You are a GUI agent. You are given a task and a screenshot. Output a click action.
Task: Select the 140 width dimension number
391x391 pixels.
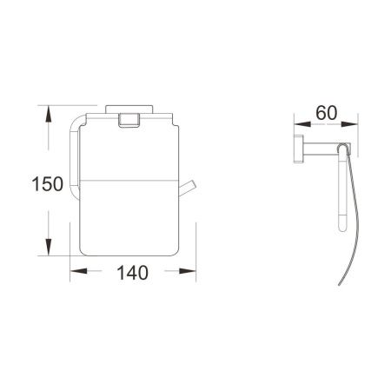pos(130,271)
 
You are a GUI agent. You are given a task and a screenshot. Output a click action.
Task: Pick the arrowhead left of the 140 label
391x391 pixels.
pos(76,271)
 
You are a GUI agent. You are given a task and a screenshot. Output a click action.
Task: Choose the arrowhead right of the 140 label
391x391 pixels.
pos(185,271)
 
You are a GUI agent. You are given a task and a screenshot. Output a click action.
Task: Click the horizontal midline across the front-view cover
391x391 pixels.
pos(130,184)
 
